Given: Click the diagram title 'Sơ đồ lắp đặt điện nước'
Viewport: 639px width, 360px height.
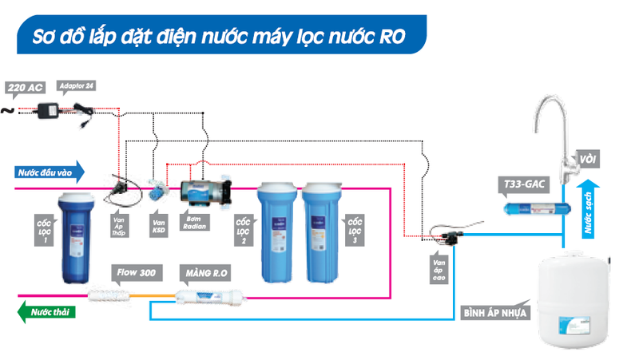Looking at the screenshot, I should coord(216,36).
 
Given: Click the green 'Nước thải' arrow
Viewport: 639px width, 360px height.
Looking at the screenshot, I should coord(48,311).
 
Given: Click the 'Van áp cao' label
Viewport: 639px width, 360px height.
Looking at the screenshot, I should coord(439,268).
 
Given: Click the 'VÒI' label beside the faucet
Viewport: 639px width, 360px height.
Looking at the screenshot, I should coord(589,160).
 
